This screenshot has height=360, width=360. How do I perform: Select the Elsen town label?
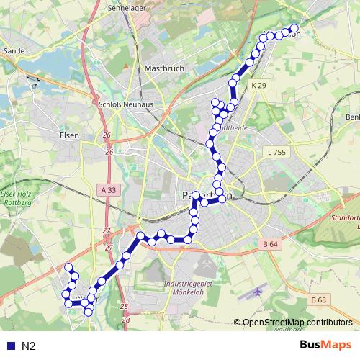(x=69, y=134)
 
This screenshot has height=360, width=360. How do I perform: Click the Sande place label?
(x=14, y=51)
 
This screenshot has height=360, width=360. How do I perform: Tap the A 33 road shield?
(x=107, y=189)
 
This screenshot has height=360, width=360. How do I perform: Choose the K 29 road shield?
(x=259, y=86)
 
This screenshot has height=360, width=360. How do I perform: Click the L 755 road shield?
(x=276, y=152)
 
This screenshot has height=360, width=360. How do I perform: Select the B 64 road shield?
(x=270, y=244)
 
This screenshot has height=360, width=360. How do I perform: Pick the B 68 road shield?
(x=319, y=299)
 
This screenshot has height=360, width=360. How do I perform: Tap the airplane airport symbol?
(x=258, y=293)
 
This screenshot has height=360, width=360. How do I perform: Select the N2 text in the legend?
(x=28, y=346)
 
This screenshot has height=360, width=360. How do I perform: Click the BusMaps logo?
(x=326, y=346)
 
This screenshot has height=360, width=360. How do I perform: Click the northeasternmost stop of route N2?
(x=294, y=30)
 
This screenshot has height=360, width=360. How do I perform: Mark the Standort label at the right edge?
(x=343, y=217)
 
